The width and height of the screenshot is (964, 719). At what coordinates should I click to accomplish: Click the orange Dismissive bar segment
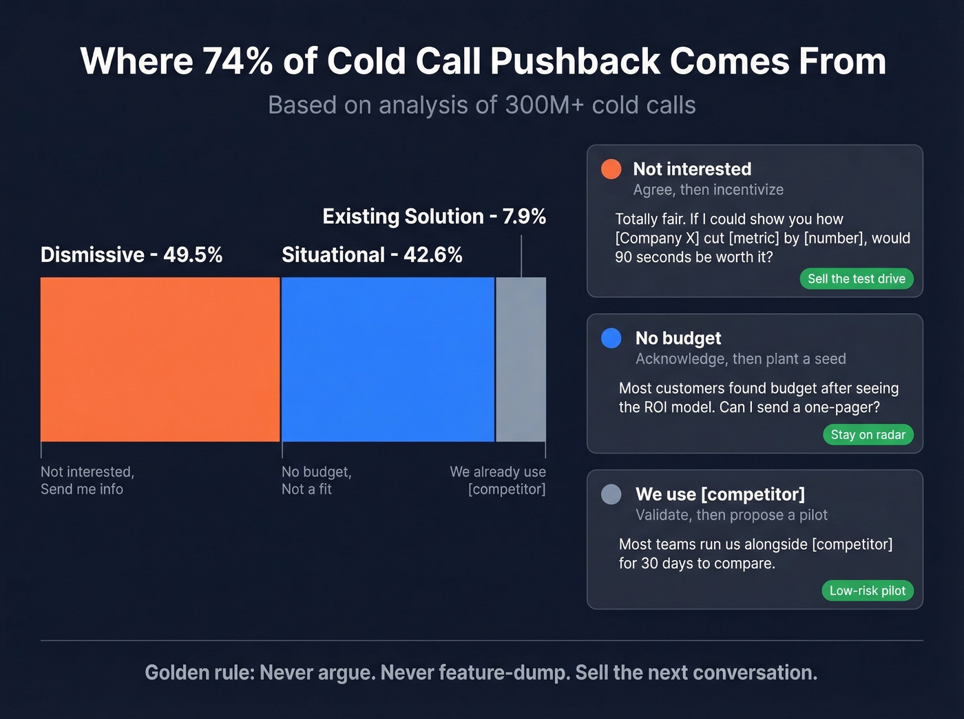click(x=160, y=359)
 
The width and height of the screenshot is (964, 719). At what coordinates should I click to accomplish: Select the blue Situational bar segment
click(x=388, y=359)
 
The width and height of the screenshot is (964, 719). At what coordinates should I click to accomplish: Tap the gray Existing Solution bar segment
click(x=521, y=359)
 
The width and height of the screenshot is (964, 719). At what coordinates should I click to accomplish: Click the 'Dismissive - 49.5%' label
click(x=132, y=255)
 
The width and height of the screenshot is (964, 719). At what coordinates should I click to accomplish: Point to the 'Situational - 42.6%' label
click(x=372, y=255)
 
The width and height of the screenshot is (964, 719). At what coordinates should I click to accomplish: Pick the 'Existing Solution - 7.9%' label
click(x=434, y=216)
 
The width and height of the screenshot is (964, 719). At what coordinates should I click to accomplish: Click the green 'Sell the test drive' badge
click(x=856, y=279)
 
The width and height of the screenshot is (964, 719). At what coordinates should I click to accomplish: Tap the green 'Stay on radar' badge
click(x=868, y=434)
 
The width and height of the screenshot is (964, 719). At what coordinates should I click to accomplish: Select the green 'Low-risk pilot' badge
click(x=867, y=590)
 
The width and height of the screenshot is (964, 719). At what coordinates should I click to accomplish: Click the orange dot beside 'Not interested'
click(x=611, y=169)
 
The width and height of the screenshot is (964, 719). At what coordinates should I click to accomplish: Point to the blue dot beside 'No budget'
click(x=611, y=339)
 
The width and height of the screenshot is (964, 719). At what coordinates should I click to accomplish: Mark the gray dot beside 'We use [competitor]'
click(x=611, y=494)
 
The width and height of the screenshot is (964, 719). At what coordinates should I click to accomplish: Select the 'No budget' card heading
click(x=678, y=338)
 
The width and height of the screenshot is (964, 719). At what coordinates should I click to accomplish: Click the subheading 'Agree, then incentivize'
click(x=708, y=190)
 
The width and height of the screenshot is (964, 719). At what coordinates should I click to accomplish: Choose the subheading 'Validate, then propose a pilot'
click(x=731, y=515)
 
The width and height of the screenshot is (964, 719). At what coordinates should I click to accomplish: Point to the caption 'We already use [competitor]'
click(x=499, y=480)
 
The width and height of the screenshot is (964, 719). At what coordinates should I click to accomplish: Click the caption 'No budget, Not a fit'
click(x=316, y=480)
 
